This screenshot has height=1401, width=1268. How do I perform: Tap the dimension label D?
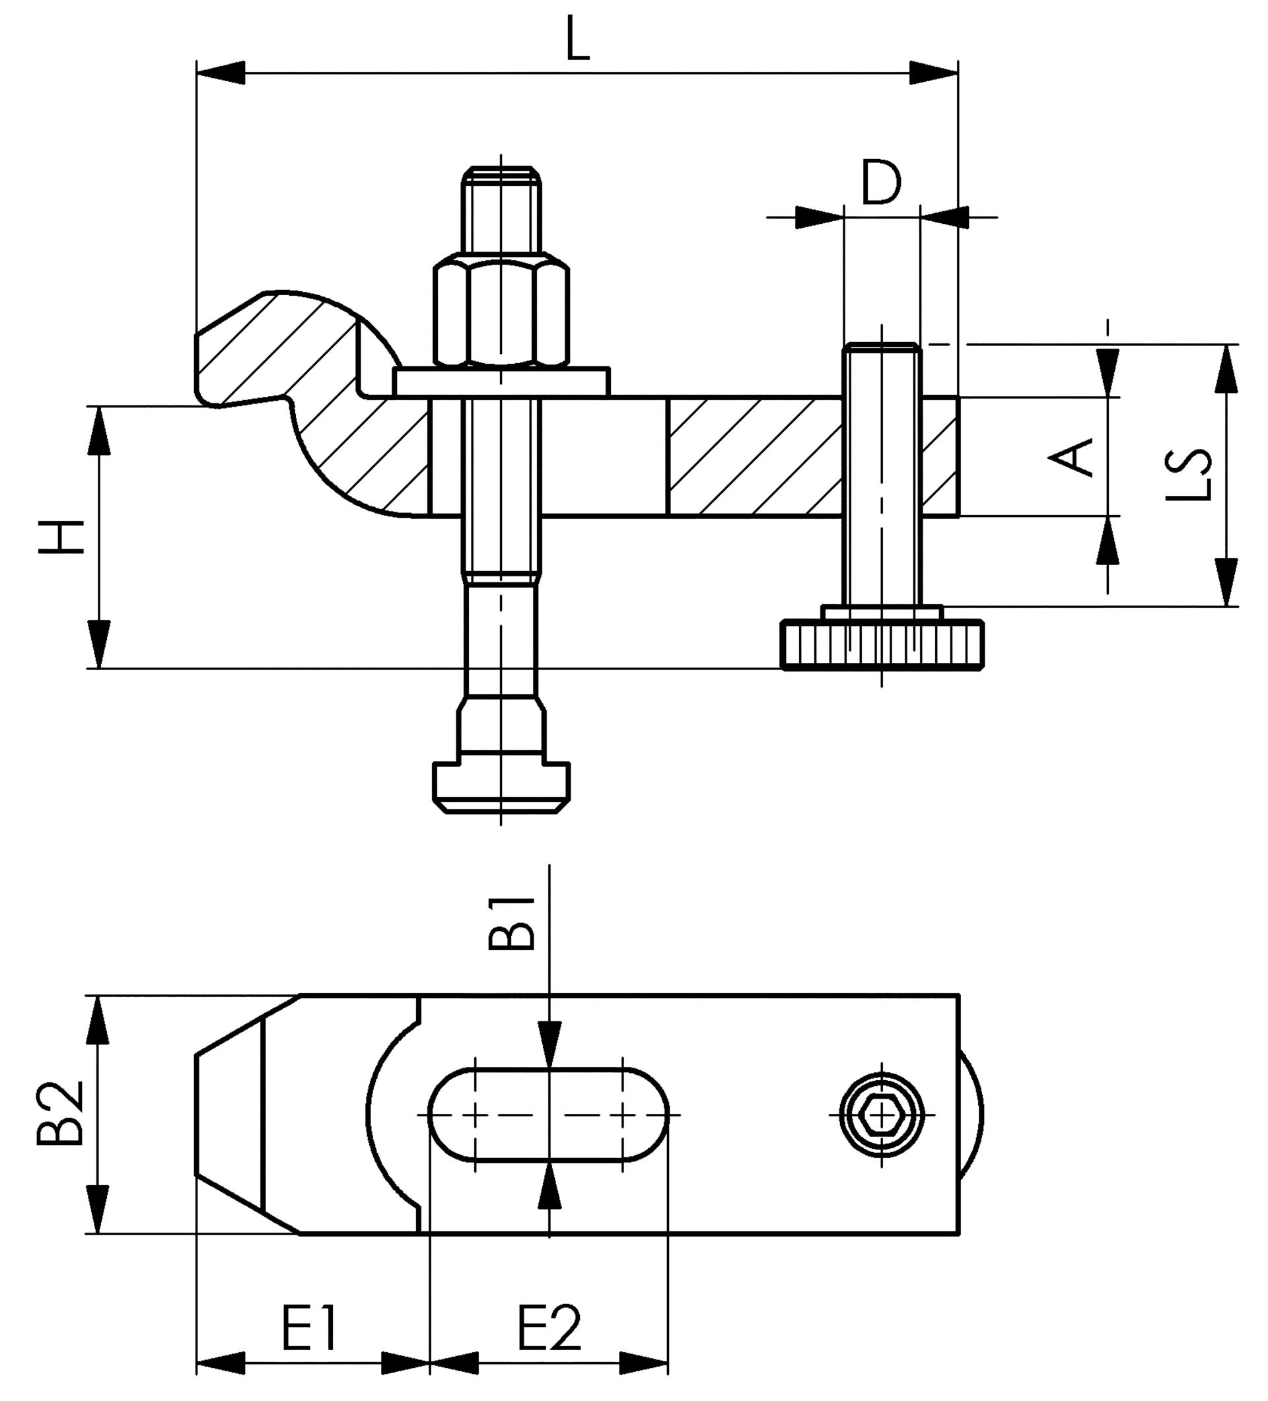tap(881, 182)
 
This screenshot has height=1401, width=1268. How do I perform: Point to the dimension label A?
tap(1071, 457)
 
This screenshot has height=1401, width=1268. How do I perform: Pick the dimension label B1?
tap(512, 924)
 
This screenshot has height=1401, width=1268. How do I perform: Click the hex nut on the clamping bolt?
tap(501, 313)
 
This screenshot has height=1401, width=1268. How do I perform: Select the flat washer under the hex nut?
tap(501, 382)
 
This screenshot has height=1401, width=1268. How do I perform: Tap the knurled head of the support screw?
tap(882, 644)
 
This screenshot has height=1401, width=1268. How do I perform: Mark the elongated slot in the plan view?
tap(549, 1114)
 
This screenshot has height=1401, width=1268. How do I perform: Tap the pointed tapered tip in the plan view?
tap(229, 1114)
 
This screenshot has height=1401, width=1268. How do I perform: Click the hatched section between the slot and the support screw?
tap(754, 457)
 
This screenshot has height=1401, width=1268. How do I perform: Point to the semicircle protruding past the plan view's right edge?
tap(970, 1114)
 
